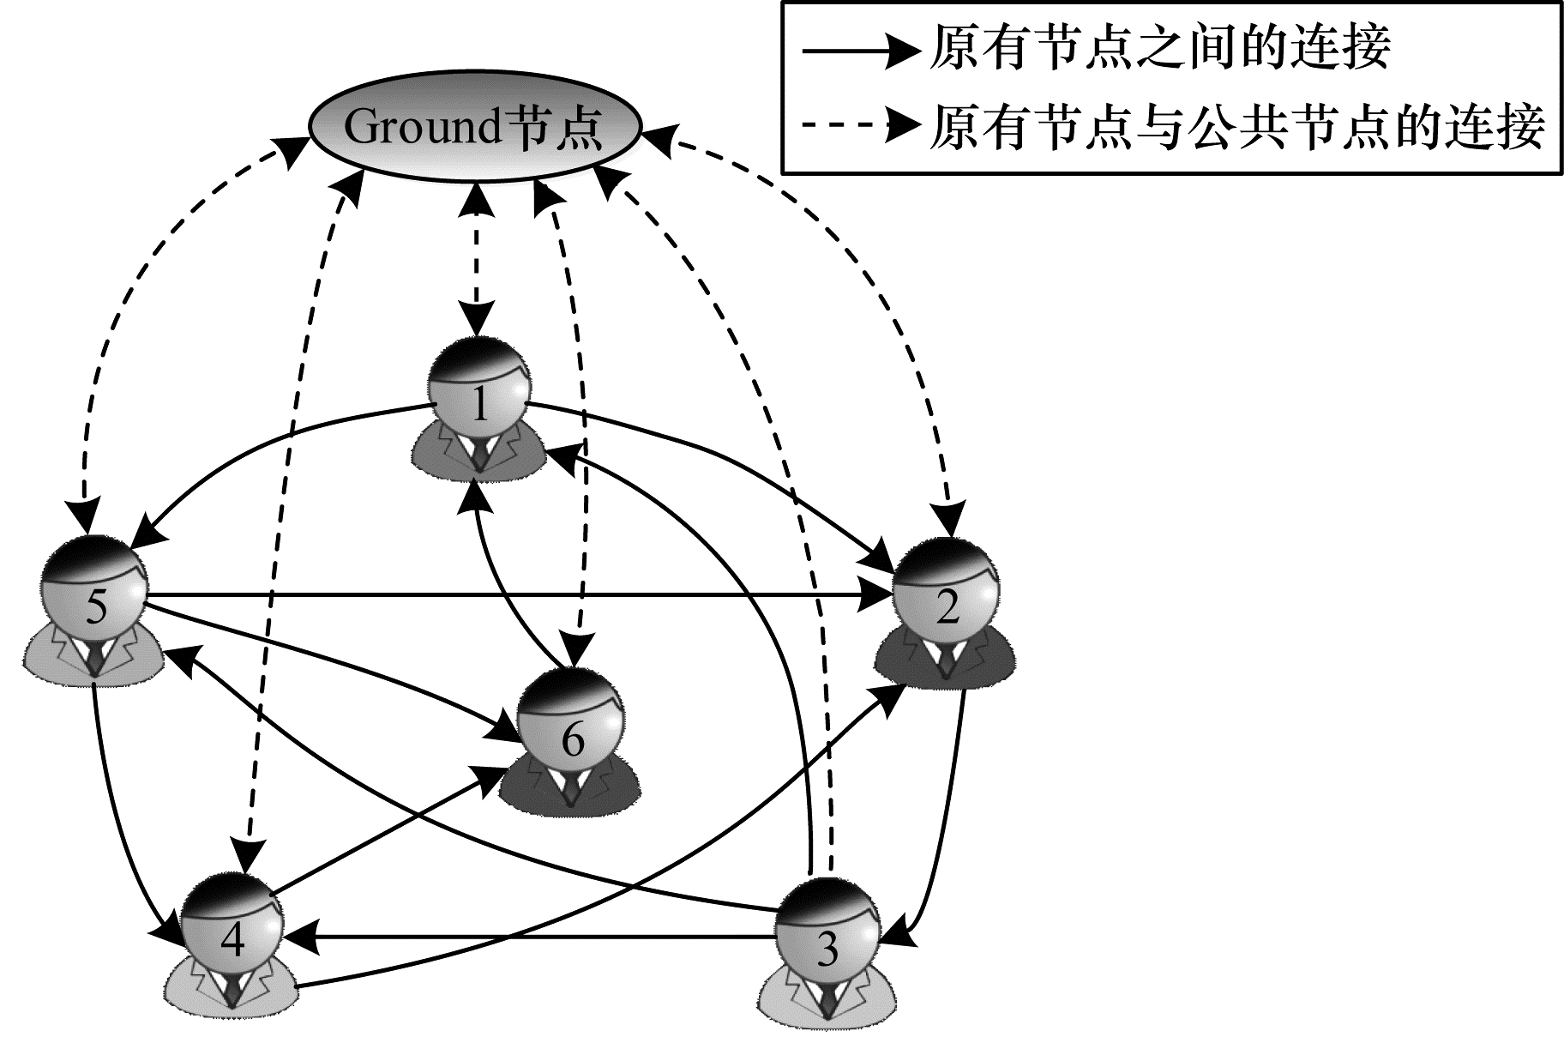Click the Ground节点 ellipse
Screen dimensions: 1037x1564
pos(474,129)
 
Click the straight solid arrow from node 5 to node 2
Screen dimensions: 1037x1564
pos(514,594)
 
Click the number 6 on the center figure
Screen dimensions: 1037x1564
pos(572,739)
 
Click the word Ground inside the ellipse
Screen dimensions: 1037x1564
pos(421,129)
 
